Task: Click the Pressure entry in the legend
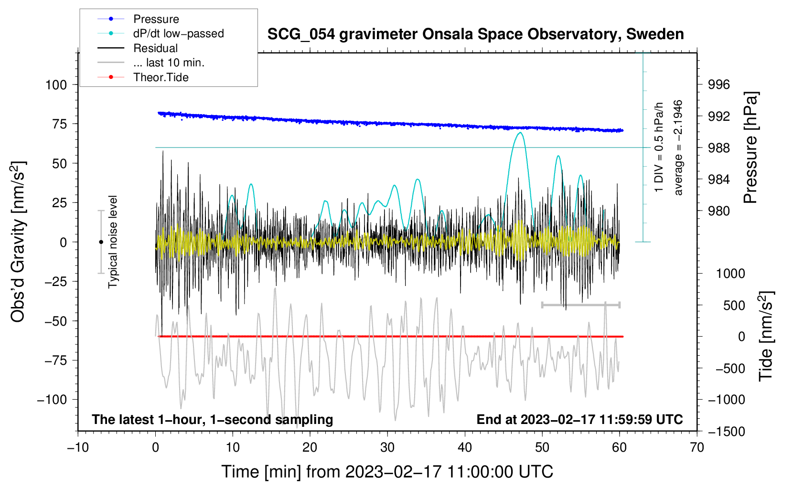coord(156,19)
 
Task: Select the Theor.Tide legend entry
coord(161,77)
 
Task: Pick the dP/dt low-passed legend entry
coord(178,33)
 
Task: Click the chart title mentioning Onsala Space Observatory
coord(475,34)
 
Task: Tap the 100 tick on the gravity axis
coord(56,85)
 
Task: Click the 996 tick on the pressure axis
coord(719,85)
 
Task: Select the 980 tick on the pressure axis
coord(719,211)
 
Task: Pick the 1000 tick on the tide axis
coord(730,274)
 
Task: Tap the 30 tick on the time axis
coord(387,447)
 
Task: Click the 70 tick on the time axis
coord(697,447)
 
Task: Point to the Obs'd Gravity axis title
coord(18,242)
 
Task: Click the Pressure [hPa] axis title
coord(751,148)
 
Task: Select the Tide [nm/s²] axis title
coord(766,336)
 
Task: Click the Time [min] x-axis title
coord(387,472)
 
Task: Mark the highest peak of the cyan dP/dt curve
coord(520,133)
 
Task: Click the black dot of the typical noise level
coord(101,242)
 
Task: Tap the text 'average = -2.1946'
coord(678,148)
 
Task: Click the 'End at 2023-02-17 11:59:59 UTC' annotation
coord(579,420)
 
